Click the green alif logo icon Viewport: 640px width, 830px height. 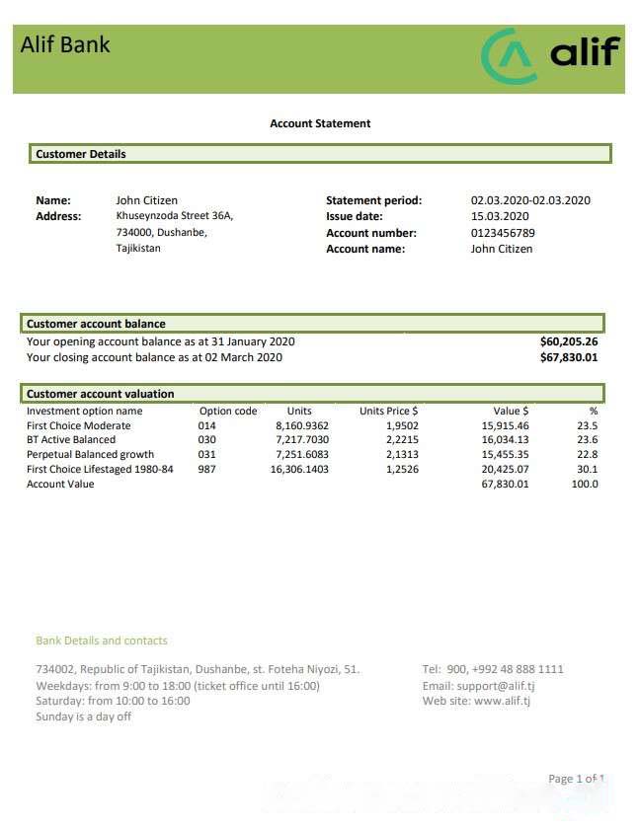coord(510,55)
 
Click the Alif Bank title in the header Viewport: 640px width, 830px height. coord(65,44)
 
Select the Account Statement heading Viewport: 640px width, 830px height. coord(320,123)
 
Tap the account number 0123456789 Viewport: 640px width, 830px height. coord(503,233)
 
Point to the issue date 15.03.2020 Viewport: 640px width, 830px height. coord(500,216)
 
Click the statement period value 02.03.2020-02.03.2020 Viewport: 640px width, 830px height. coord(530,200)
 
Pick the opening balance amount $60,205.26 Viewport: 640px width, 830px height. coord(569,341)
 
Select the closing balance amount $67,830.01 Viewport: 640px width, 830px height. coord(569,357)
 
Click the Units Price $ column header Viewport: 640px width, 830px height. coord(388,411)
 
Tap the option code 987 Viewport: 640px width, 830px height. coord(207,469)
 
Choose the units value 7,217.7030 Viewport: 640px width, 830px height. coord(302,439)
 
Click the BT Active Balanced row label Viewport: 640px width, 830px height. coord(71,439)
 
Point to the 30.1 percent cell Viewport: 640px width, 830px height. coord(587,469)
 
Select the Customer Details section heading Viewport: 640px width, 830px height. coord(81,154)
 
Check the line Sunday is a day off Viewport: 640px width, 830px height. coord(83,717)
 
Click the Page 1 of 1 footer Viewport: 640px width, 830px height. coord(576,779)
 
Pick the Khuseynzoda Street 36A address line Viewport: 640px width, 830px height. coord(175,215)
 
